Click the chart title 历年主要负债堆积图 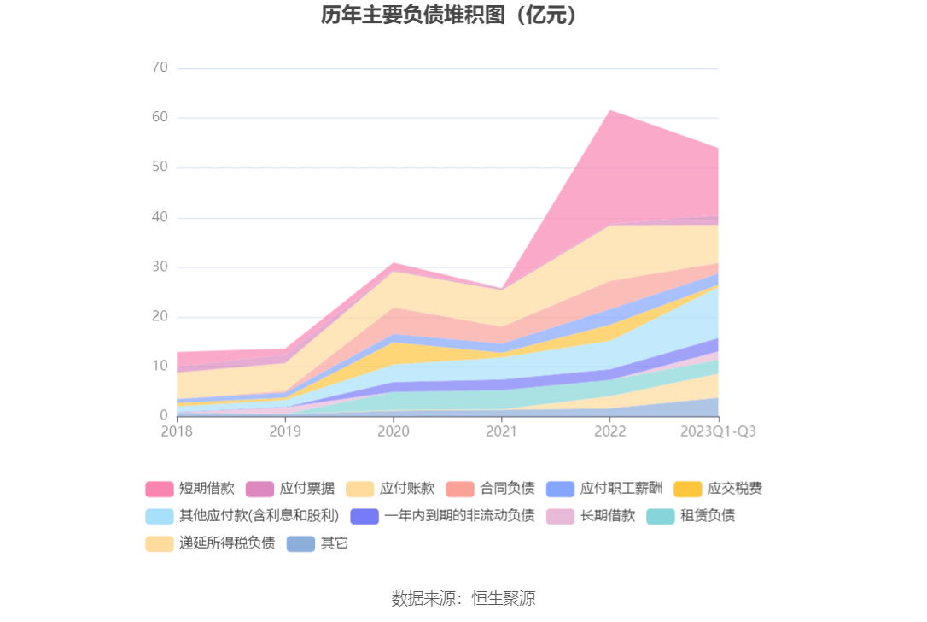450,15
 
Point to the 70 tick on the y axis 160,67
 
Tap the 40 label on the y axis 160,217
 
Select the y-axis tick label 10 160,366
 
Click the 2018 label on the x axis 177,431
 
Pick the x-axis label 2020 393,431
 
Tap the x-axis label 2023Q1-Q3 718,431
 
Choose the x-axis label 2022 609,431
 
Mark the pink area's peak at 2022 609,111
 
